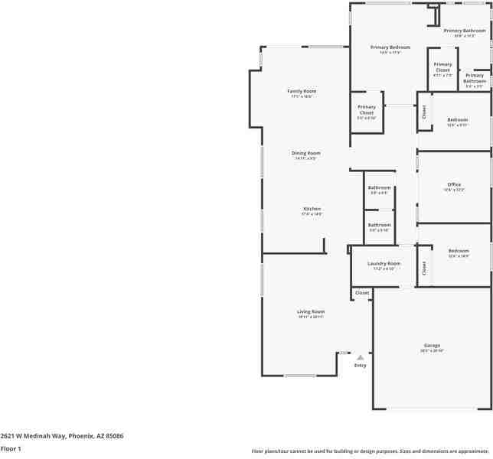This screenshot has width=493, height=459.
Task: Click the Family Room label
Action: (x=302, y=91)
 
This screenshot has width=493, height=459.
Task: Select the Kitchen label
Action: (x=312, y=209)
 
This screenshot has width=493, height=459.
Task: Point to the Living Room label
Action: (x=311, y=311)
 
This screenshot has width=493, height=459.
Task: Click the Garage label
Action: (x=432, y=346)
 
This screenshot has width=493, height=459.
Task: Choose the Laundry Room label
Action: (x=384, y=263)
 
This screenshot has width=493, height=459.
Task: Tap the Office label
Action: (x=454, y=184)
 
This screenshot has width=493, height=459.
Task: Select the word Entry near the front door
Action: (x=360, y=365)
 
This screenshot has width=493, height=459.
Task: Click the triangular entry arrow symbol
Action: (x=360, y=356)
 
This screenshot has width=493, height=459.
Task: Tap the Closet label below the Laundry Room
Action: (x=362, y=292)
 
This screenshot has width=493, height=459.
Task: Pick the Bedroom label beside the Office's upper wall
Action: (x=457, y=120)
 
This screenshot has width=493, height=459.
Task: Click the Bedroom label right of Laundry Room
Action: (x=459, y=251)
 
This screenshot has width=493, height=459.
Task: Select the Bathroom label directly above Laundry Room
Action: (x=379, y=225)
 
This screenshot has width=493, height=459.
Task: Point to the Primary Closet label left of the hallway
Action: (x=367, y=109)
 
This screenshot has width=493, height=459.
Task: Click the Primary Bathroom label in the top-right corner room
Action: (x=465, y=31)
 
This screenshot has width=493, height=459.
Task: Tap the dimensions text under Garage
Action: (x=432, y=350)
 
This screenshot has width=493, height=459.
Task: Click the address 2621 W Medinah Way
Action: (x=62, y=435)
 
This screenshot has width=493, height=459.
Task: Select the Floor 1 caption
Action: (x=11, y=448)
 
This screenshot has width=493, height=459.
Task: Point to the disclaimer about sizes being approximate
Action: (x=371, y=451)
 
